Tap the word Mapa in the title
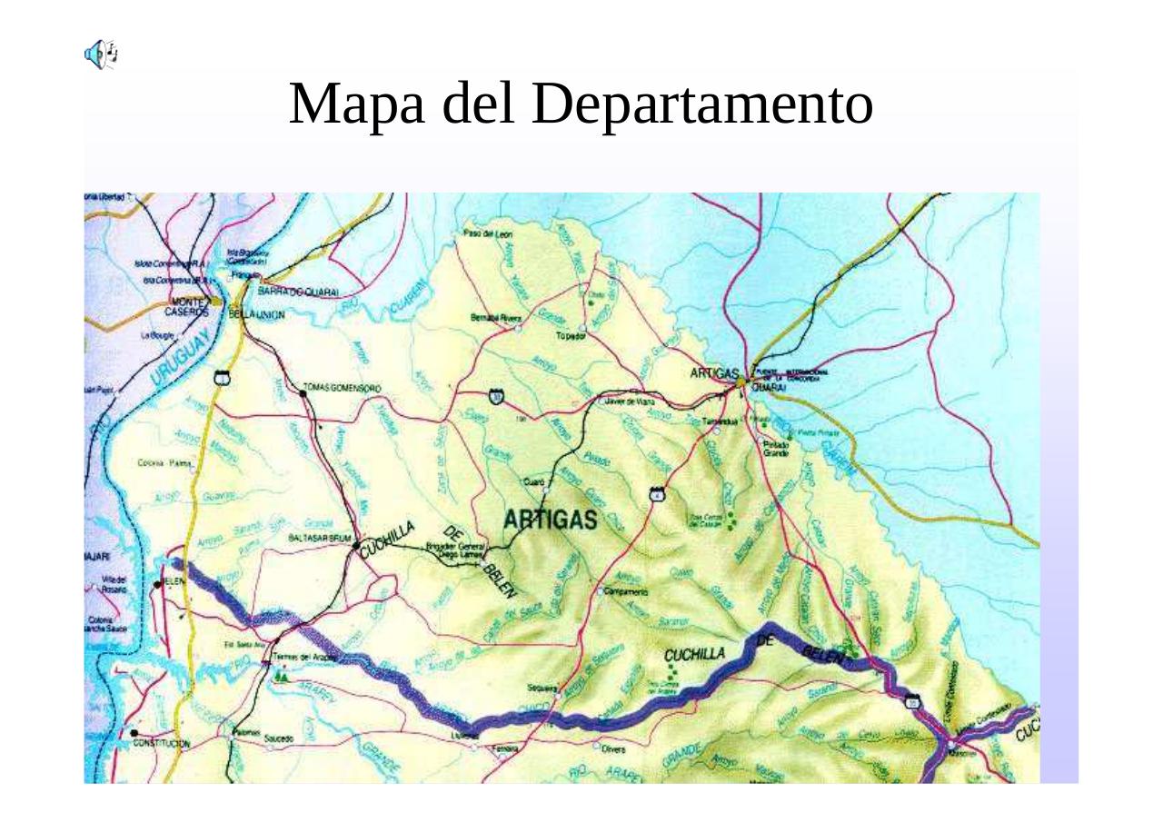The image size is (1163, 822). pyautogui.click(x=361, y=104)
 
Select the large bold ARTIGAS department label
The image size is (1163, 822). pyautogui.click(x=551, y=520)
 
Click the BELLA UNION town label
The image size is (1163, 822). pyautogui.click(x=257, y=314)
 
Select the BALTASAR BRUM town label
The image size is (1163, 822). pyautogui.click(x=319, y=539)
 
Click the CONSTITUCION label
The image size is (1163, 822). pyautogui.click(x=162, y=743)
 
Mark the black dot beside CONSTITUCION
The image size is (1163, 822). pyautogui.click(x=134, y=732)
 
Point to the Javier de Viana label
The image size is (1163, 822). pyautogui.click(x=627, y=400)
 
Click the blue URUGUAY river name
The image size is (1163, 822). pyautogui.click(x=181, y=360)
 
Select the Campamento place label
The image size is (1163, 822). pyautogui.click(x=625, y=591)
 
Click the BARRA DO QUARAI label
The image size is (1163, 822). pyautogui.click(x=298, y=292)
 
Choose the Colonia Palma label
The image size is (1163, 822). pyautogui.click(x=163, y=462)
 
